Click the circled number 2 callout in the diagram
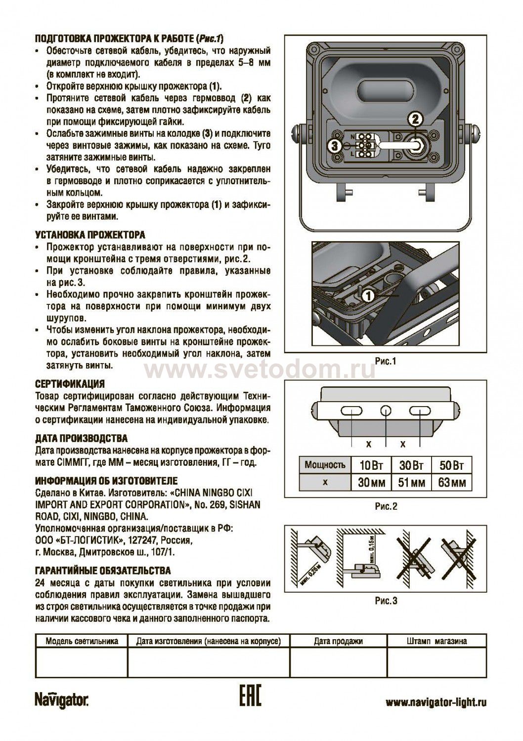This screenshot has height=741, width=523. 415,119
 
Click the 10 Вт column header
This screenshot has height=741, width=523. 371,466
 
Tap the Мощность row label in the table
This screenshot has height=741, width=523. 325,465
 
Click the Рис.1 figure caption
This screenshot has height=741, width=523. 386,361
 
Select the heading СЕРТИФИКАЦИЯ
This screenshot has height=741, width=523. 70,384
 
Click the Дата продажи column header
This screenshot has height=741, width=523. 338,641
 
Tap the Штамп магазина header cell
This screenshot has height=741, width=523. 436,641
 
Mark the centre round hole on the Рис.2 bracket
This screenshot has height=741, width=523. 385,411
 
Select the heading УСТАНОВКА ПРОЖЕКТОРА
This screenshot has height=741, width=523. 90,235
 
